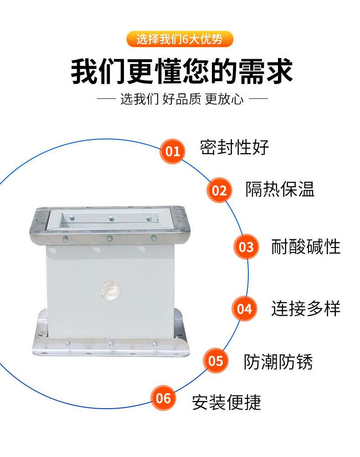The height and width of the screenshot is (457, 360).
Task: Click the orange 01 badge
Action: coord(173,151)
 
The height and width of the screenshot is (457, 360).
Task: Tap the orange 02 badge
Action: coord(219,190)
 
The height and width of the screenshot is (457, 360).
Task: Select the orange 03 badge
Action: coord(246,247)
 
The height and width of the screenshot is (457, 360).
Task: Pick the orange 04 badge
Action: coord(244,308)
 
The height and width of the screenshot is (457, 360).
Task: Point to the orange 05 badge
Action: coord(216,361)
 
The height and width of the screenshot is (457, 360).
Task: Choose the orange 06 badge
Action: coord(163,398)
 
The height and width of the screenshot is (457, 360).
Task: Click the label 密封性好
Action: coord(234,148)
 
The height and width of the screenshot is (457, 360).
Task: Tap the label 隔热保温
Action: coord(280,190)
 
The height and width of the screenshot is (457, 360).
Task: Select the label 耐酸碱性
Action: coord(306,247)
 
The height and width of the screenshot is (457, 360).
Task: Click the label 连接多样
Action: coord(306,308)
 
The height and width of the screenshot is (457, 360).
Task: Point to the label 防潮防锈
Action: coord(278,362)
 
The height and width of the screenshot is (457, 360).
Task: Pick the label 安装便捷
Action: coord(226,402)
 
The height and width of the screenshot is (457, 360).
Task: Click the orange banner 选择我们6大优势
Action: coord(180,39)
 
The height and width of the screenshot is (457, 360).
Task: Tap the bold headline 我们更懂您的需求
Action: coord(182,71)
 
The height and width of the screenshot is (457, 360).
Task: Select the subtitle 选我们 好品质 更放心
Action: coord(182,99)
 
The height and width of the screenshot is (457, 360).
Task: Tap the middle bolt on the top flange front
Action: coord(110,238)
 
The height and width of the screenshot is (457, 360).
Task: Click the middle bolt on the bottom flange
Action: coord(111,344)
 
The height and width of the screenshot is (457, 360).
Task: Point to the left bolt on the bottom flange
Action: coord(67,344)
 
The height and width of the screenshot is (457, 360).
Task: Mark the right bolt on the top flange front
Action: coord(154,238)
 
